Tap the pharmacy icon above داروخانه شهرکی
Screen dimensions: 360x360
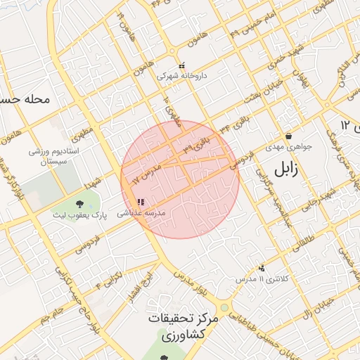tap(182, 65)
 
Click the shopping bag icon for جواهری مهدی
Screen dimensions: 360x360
tap(288, 136)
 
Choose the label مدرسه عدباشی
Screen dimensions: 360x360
tap(140, 212)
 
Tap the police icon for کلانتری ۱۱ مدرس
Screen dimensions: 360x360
tap(262, 268)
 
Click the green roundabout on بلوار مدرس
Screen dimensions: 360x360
tap(224, 307)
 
